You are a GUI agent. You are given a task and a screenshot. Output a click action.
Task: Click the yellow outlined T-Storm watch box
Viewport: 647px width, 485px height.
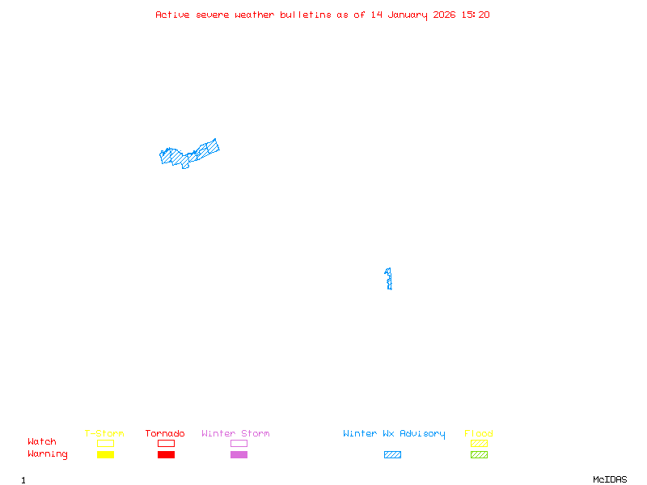[105, 443]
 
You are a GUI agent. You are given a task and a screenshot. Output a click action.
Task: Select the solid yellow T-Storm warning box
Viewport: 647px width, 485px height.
[105, 454]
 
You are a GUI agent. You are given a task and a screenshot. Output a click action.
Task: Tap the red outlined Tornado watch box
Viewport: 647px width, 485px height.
[166, 443]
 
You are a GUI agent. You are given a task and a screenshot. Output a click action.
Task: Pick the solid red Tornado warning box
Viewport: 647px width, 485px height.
[166, 454]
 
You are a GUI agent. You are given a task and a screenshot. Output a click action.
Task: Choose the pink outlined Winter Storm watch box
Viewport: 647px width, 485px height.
[239, 443]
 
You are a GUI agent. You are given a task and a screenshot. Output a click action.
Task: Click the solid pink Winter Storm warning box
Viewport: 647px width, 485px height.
[239, 454]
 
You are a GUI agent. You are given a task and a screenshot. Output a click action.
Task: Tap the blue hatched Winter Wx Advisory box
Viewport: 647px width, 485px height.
[392, 454]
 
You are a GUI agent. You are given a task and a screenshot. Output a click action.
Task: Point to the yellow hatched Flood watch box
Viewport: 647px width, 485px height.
[479, 443]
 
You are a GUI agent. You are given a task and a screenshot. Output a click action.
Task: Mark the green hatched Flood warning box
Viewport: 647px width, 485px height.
[479, 454]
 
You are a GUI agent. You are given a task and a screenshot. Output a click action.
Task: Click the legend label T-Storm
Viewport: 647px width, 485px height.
[104, 433]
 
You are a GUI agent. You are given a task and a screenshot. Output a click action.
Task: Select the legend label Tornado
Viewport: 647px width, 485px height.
[165, 433]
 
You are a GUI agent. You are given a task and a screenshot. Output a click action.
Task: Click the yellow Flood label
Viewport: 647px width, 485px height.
[479, 433]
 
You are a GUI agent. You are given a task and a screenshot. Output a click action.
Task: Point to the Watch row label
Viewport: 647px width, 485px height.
[42, 442]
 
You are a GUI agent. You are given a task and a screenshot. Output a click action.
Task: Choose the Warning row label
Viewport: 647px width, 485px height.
[48, 454]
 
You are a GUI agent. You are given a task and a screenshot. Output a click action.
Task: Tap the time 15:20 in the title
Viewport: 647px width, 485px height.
[476, 15]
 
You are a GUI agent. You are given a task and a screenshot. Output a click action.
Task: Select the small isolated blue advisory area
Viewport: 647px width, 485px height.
[389, 279]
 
